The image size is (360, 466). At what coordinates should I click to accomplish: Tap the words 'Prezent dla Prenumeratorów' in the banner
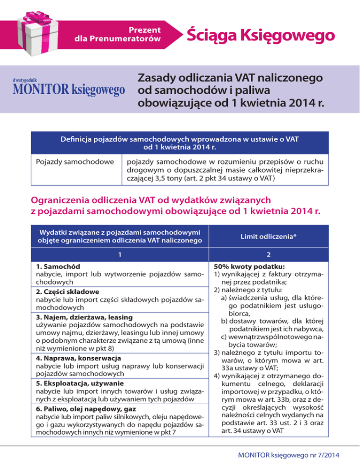click(119, 34)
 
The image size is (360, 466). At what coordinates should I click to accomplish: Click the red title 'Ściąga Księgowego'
click(260, 35)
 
